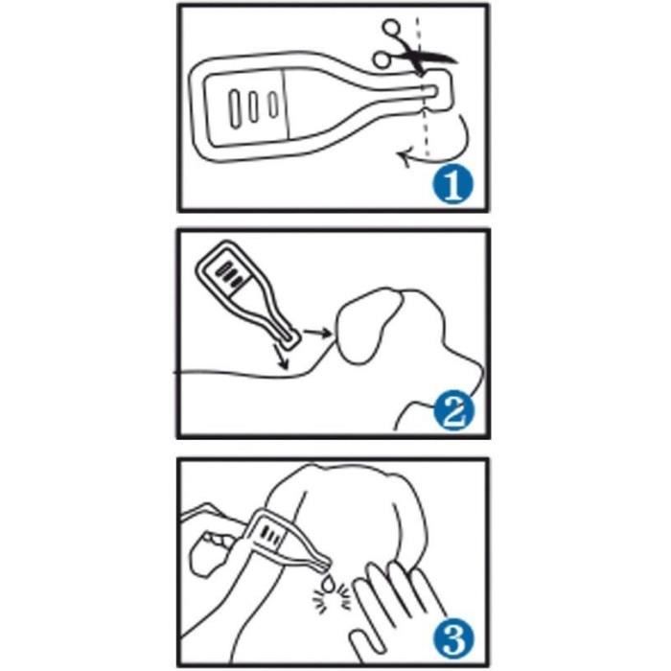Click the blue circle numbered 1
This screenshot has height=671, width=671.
(453, 184)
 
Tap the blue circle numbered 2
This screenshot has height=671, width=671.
(453, 411)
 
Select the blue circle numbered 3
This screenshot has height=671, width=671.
(453, 637)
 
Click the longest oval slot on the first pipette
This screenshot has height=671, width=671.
(235, 108)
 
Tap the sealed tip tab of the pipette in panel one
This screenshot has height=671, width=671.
(436, 91)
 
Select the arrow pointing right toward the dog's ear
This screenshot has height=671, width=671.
(317, 332)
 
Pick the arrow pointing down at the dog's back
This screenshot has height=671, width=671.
(281, 355)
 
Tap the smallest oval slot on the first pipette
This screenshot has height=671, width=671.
(273, 104)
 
